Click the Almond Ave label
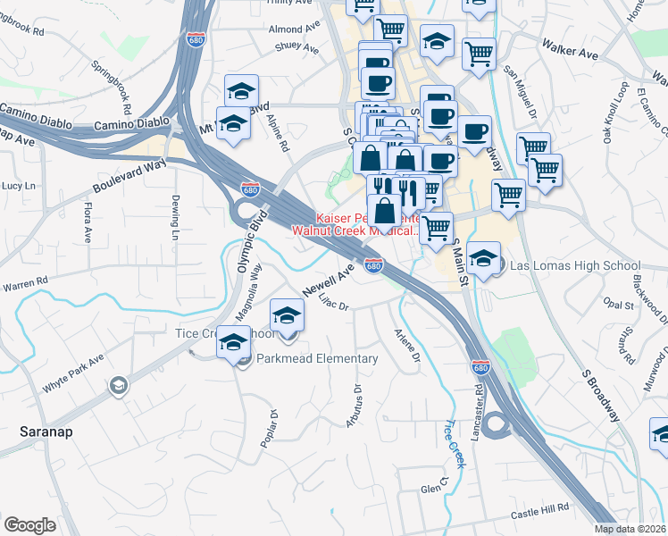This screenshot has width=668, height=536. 294,29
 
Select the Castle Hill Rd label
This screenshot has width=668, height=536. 539,510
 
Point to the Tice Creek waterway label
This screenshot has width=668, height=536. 456,444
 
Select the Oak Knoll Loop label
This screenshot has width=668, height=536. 615,113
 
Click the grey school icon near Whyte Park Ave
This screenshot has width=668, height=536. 116,386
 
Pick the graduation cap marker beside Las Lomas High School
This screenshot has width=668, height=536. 482,258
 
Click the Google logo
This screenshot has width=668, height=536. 29,525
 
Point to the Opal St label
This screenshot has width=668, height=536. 618,305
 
